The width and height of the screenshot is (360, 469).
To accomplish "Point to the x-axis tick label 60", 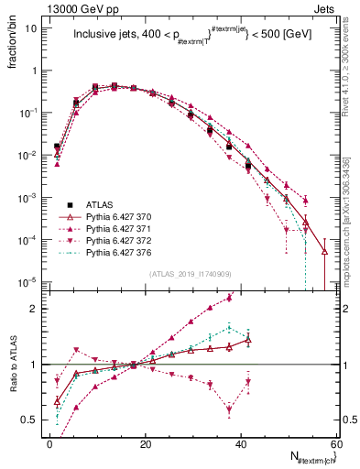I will (336, 444).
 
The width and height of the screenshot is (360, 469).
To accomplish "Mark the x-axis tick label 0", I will (50, 444).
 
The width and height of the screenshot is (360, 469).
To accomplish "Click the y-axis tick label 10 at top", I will (31, 27).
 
